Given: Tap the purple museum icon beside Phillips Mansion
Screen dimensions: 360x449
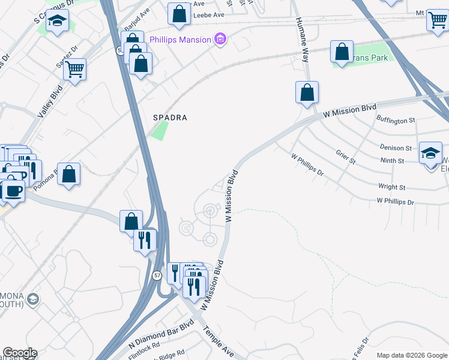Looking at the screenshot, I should pos(220,40).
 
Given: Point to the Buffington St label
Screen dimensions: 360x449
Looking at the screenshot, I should pos(396,121).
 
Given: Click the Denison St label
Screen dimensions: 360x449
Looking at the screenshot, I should pos(396,148).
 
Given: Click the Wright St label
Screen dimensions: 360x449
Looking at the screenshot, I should pos(391,187).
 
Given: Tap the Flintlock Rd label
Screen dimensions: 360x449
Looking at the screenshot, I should pos(144,347).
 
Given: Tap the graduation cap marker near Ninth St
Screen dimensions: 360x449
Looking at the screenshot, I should pos(430,152).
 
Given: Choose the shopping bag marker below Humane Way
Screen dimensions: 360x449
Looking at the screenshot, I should pos(307,92).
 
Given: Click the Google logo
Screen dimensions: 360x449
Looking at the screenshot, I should pos(20,353).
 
